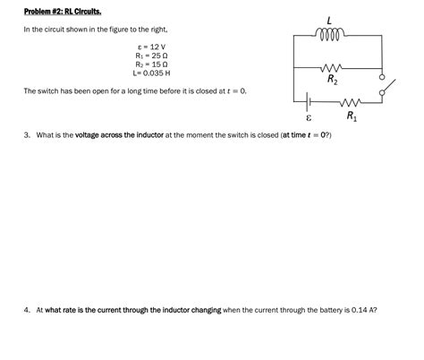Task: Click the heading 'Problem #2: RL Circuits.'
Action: coord(62,12)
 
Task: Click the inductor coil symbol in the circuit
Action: coord(329,36)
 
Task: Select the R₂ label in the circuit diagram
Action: coord(332,80)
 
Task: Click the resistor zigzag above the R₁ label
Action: coord(350,101)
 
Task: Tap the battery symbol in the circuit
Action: coord(309,101)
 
